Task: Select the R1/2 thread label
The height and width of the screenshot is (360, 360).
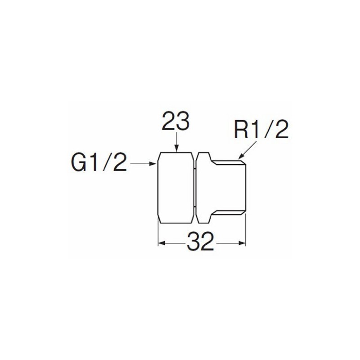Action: point(261,130)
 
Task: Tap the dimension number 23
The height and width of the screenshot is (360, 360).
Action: point(175,121)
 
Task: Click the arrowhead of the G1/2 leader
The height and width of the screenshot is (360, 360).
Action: point(153,164)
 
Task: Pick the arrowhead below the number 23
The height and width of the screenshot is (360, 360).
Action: point(176,149)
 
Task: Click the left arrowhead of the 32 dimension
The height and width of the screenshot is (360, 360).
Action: point(162,243)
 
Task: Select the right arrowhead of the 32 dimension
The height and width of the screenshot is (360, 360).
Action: point(242,243)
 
